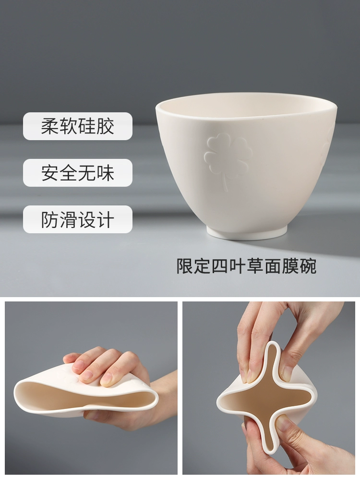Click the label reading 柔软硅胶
click(x=78, y=126)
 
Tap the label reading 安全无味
click(x=78, y=173)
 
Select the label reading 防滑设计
click(x=78, y=219)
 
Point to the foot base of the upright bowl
click(x=247, y=231)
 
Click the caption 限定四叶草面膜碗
click(x=247, y=266)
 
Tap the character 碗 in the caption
click(x=308, y=266)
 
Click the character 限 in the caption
click(x=185, y=266)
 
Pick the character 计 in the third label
click(x=105, y=219)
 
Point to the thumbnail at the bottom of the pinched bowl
click(x=282, y=424)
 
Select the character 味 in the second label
click(x=105, y=173)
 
